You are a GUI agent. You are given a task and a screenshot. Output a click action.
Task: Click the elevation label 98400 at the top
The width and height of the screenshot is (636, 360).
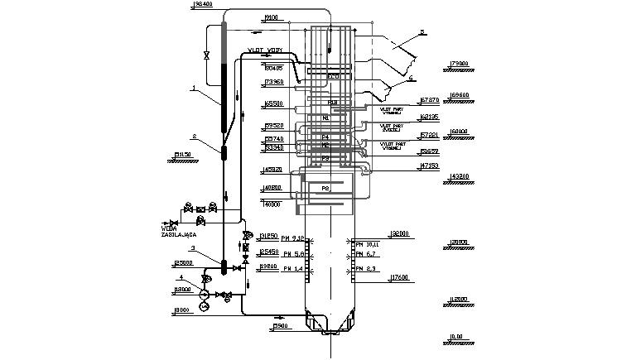tap(203, 5)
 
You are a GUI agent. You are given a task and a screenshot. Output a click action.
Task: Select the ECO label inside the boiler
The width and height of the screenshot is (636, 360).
tap(333, 76)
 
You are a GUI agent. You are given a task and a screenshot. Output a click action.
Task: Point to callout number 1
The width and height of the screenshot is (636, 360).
tap(192, 86)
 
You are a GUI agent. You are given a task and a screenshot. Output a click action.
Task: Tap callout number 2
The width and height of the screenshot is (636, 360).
tap(194, 136)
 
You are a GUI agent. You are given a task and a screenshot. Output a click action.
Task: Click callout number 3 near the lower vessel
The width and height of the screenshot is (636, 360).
tap(192, 247)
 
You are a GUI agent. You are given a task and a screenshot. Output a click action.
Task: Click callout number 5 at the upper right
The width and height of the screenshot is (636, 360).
tap(422, 32)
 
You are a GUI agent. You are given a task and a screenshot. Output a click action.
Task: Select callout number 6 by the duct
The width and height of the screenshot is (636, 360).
tap(411, 77)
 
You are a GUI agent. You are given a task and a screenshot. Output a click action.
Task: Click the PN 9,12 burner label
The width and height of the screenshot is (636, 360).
tap(294, 238)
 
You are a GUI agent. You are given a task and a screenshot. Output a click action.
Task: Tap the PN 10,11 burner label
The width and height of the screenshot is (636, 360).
tap(367, 245)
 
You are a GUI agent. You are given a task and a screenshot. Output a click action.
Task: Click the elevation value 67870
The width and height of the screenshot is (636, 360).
tap(430, 99)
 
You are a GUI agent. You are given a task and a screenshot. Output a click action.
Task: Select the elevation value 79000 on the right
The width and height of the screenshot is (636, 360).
tap(458, 63)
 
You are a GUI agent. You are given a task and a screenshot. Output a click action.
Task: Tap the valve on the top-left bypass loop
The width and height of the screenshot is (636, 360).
tap(206, 55)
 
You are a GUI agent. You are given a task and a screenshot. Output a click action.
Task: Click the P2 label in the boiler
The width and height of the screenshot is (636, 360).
tap(325, 189)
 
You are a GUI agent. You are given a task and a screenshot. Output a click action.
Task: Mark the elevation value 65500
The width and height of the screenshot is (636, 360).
tap(273, 104)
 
